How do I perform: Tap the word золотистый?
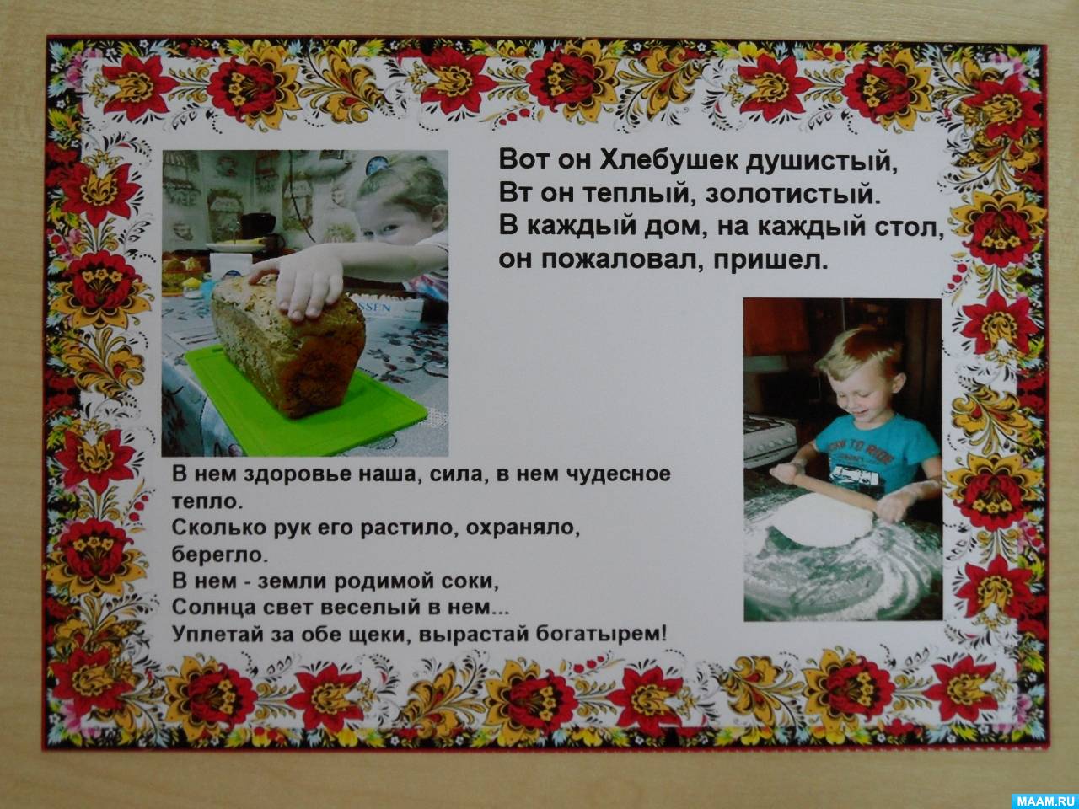pos(792,194)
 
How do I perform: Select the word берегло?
pos(220,555)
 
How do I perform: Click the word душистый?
pos(821,161)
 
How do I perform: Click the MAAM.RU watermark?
pos(1044,799)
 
